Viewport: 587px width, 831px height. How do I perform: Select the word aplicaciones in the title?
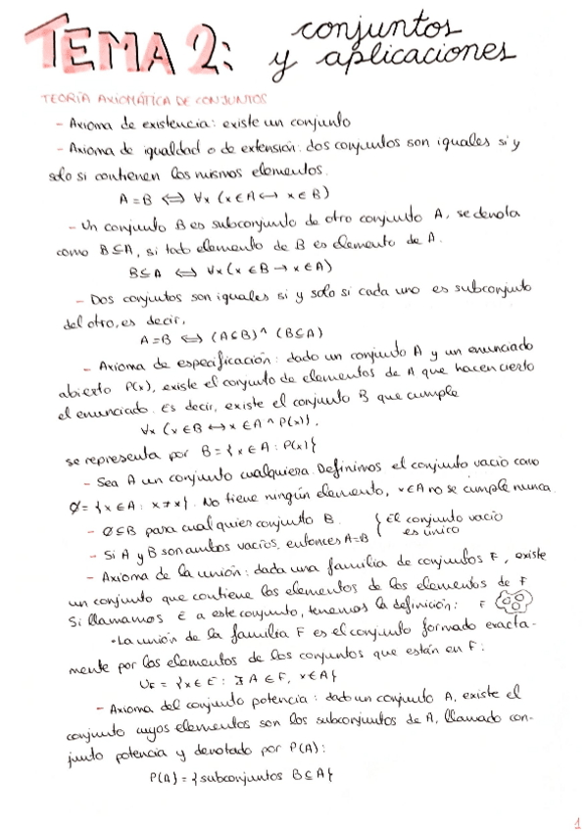point(416,60)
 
